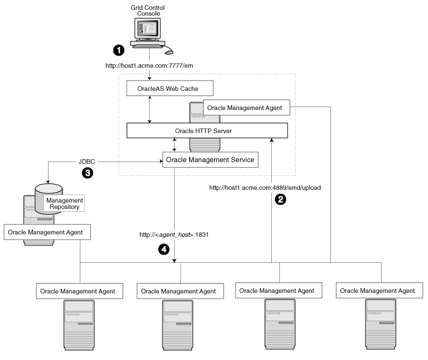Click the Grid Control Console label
tap(149, 10)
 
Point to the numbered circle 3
tap(87, 172)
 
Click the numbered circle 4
tap(164, 249)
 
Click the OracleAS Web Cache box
tap(169, 89)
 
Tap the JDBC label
tap(87, 159)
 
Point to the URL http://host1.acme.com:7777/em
tap(149, 65)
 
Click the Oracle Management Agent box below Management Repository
tap(47, 233)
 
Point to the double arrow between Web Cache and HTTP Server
tap(150, 109)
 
